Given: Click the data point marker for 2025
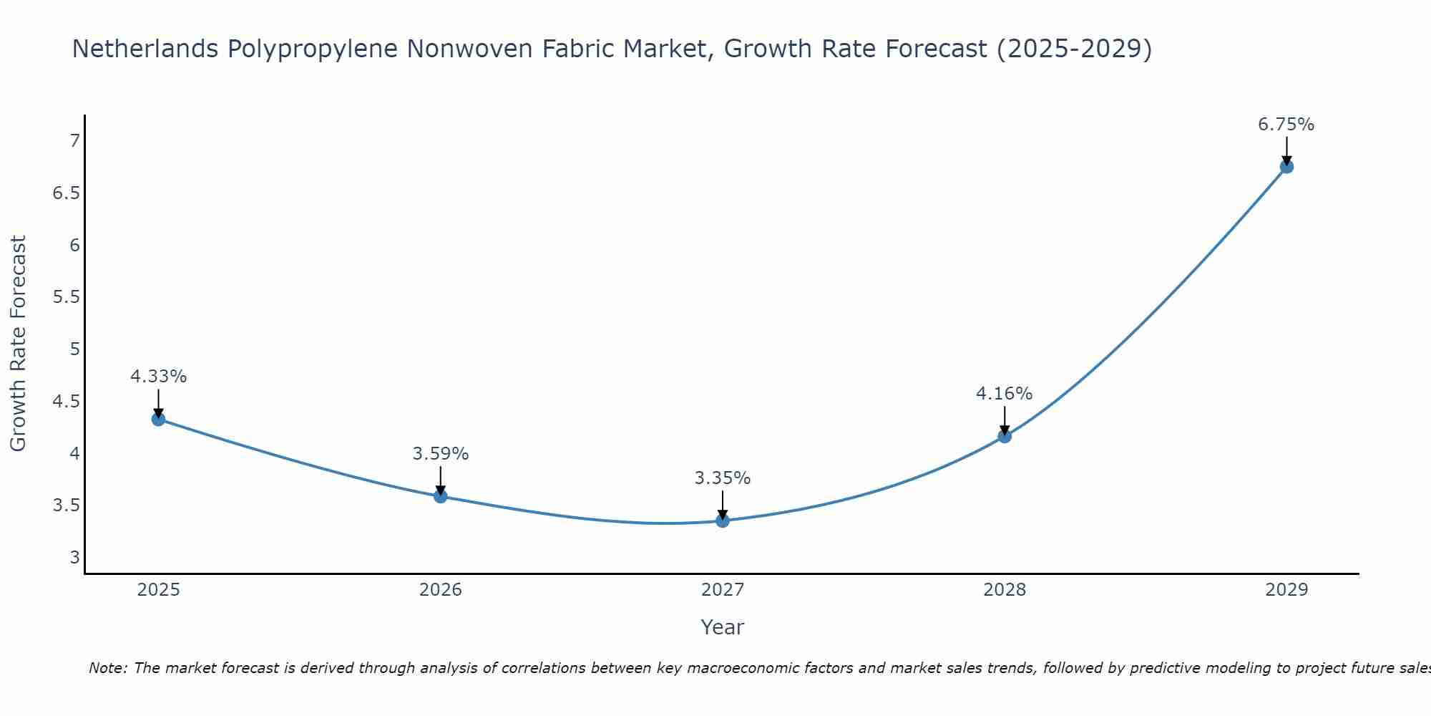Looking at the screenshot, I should (159, 419).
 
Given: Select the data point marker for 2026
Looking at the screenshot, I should (441, 496).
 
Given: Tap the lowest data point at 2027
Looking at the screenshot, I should (723, 521).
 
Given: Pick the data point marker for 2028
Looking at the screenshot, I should (1005, 436).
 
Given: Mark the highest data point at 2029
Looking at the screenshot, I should (1286, 167).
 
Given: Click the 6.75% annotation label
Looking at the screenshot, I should (1286, 125).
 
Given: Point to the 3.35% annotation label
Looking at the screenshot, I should (722, 478).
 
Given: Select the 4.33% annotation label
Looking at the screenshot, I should (158, 377).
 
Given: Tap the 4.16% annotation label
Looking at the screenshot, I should (1004, 394).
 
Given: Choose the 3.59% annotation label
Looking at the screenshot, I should (440, 454).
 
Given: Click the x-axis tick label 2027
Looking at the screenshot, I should (723, 590).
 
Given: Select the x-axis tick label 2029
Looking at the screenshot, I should (1286, 590).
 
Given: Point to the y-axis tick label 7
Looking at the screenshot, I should (74, 141).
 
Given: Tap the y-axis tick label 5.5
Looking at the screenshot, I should (67, 297).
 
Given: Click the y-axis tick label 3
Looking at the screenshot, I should (74, 557).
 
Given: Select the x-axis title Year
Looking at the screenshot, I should (723, 627).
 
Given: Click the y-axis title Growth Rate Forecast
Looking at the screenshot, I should (18, 344).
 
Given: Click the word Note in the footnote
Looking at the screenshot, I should (107, 668).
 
